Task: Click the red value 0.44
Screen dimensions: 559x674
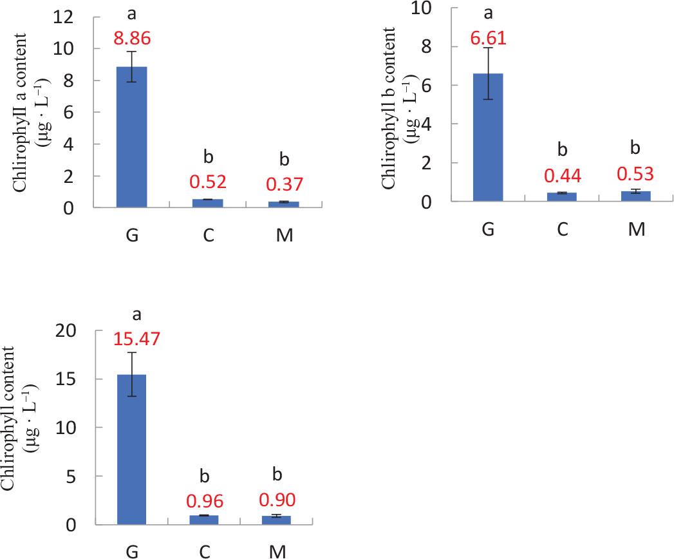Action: coord(562,175)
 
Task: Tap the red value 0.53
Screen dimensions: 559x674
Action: coord(636,175)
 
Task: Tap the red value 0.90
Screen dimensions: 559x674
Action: coord(278,500)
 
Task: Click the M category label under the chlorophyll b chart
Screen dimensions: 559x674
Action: coord(636,230)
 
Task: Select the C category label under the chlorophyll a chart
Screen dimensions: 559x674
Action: coord(208,235)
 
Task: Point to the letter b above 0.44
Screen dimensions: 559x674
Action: coord(562,150)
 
